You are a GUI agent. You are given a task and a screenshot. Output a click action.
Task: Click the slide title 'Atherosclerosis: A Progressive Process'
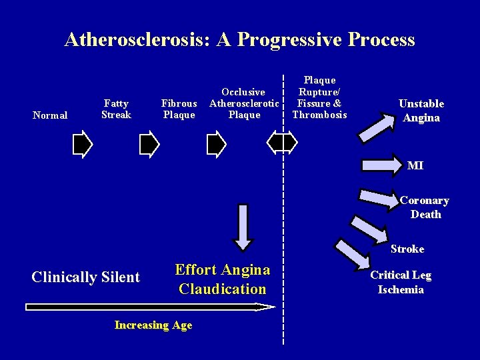[239, 40]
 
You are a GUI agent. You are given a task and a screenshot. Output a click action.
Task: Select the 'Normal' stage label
[50, 115]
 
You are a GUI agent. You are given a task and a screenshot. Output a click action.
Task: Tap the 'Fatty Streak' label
[117, 109]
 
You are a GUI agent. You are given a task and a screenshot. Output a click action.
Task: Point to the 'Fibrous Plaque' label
[179, 109]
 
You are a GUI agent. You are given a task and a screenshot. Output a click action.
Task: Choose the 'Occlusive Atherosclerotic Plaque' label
[243, 103]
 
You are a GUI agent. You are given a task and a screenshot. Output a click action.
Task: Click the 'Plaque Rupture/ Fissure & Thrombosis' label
[319, 97]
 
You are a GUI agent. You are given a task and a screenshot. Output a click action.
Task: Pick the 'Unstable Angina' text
[421, 111]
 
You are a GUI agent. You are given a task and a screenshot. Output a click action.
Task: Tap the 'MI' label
[415, 165]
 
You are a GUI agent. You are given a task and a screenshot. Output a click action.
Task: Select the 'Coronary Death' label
[425, 207]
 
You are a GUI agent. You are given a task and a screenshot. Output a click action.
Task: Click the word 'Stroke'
[407, 249]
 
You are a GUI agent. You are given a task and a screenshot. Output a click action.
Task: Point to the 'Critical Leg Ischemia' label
[401, 282]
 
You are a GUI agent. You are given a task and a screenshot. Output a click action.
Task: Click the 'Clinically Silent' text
[86, 277]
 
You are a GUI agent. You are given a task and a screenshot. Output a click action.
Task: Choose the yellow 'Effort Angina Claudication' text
[223, 279]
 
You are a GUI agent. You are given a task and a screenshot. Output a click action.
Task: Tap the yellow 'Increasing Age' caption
[153, 325]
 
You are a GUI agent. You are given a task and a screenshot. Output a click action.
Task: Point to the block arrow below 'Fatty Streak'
[149, 143]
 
